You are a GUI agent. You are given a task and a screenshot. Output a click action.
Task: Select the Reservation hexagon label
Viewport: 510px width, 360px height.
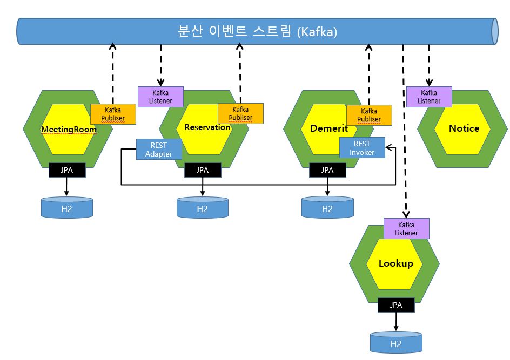[207, 128]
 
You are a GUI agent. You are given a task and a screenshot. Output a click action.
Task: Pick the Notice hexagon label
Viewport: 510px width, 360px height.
[464, 128]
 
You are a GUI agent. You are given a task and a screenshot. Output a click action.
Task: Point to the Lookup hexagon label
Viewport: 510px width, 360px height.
[395, 263]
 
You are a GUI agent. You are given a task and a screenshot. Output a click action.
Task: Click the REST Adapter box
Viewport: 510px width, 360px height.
[159, 150]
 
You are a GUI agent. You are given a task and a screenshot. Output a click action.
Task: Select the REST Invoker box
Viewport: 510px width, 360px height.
[361, 148]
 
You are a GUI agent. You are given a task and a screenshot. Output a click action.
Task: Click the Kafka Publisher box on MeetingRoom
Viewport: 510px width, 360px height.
[113, 114]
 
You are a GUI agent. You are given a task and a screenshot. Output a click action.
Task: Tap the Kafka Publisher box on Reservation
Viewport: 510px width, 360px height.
[240, 113]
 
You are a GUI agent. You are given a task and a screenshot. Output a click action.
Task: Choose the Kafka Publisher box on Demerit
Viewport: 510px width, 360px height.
[369, 115]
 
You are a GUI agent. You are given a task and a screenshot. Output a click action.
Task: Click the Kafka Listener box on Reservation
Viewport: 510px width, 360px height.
[161, 97]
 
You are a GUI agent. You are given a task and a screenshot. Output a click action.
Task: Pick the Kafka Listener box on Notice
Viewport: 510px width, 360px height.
[429, 97]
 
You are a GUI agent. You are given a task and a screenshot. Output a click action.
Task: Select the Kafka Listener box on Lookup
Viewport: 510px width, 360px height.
[406, 229]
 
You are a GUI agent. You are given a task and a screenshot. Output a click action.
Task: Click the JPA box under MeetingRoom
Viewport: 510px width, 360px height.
[66, 170]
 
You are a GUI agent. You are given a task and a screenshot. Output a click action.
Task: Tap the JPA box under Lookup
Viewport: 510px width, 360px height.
[396, 305]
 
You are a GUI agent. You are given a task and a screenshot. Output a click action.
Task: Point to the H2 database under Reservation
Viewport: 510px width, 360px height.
[203, 208]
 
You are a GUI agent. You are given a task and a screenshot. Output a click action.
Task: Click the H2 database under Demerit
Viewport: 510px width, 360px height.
[327, 208]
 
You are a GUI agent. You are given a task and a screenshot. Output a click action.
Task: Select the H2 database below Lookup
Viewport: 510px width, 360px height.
[396, 343]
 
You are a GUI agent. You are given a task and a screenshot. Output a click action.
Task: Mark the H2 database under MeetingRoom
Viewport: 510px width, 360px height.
[67, 208]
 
